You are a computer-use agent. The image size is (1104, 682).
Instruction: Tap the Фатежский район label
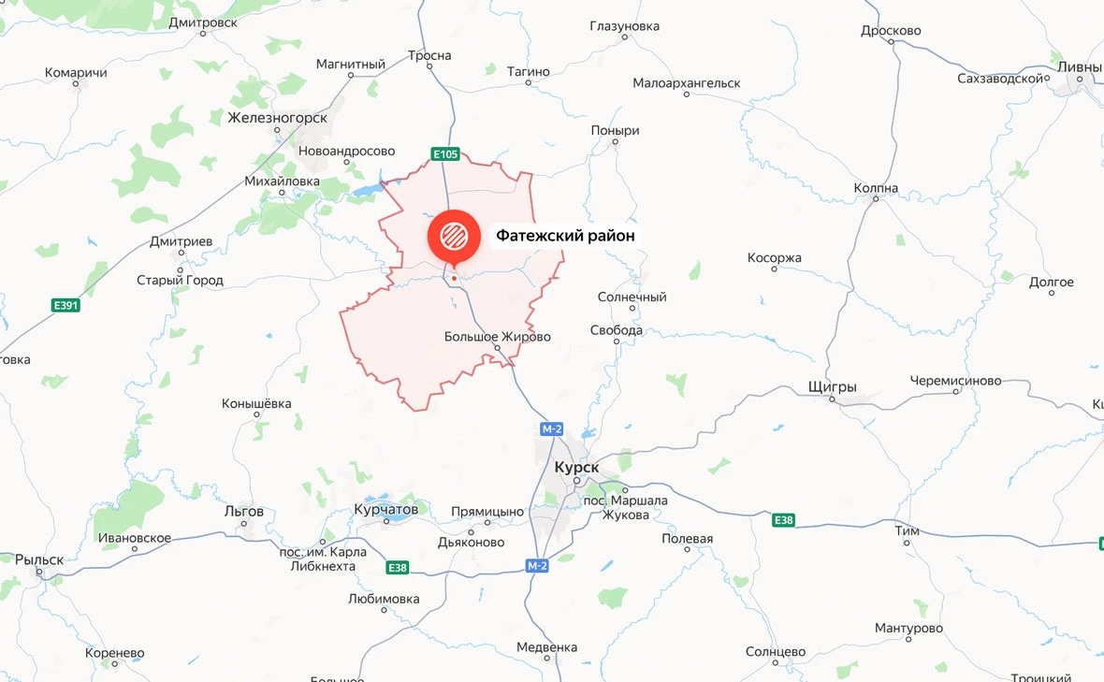coord(565,236)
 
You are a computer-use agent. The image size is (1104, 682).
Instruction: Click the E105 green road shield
coord(445,153)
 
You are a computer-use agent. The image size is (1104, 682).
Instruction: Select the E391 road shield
coord(65,305)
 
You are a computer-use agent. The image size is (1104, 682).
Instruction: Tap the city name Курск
coord(576,466)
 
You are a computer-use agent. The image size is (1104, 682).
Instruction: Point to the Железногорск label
coord(278,118)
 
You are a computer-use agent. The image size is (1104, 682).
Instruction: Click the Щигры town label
coord(832,386)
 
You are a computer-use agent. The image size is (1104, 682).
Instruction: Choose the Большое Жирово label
coord(497,337)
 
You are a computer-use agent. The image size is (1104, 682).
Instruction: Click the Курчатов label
coord(386,510)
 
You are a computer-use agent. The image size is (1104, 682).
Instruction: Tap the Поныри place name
coord(615,131)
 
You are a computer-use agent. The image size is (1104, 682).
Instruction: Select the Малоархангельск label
coord(686,83)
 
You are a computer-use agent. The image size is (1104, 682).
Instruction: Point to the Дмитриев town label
coord(181,241)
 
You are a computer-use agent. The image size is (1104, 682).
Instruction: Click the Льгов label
coord(244,512)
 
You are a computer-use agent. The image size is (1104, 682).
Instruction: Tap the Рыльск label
coord(39,559)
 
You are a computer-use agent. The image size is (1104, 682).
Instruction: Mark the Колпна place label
coord(876,188)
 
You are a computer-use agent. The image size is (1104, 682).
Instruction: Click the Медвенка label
coord(546,647)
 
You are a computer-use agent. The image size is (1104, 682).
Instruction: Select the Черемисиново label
coord(955,381)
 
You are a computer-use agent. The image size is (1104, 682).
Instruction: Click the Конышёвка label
coord(256,404)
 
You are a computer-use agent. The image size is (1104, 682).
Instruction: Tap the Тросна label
coord(429,56)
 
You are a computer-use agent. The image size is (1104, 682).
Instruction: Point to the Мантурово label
coord(908,628)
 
